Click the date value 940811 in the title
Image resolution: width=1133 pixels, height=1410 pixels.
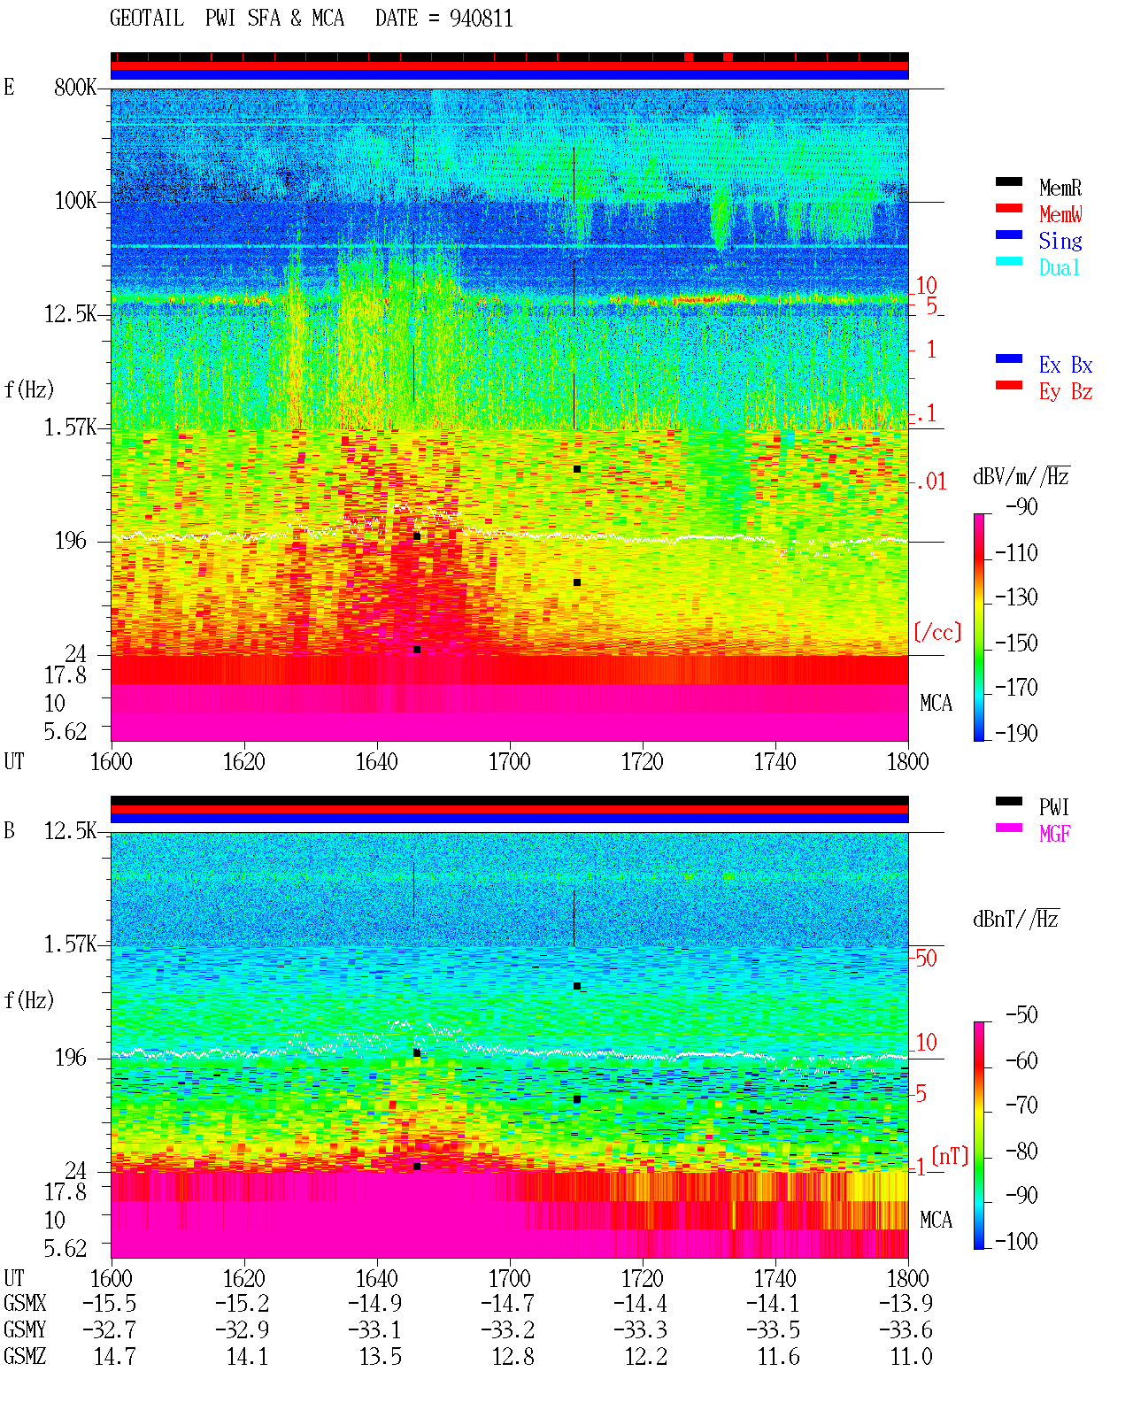pyautogui.click(x=481, y=19)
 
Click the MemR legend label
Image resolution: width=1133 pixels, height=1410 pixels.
pyautogui.click(x=1060, y=188)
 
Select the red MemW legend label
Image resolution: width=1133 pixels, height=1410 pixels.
pyautogui.click(x=1060, y=214)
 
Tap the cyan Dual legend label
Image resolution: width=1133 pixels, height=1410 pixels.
pyautogui.click(x=1059, y=267)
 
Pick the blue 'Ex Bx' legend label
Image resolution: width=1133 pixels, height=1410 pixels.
pyautogui.click(x=1066, y=365)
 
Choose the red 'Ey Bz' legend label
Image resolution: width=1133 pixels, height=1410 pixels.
pyautogui.click(x=1066, y=392)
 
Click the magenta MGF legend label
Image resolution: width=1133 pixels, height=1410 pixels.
pyautogui.click(x=1054, y=834)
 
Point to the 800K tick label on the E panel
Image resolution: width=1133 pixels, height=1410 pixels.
pyautogui.click(x=74, y=87)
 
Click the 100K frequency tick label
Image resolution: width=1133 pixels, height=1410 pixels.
pyautogui.click(x=74, y=201)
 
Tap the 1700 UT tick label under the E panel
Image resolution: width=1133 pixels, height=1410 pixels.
pyautogui.click(x=509, y=762)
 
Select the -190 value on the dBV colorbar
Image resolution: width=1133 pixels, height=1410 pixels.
pyautogui.click(x=1016, y=733)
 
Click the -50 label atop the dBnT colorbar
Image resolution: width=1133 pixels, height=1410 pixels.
pyautogui.click(x=1021, y=1015)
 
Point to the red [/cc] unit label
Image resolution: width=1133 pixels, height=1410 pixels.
pyautogui.click(x=937, y=632)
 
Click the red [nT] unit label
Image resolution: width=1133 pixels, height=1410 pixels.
pyautogui.click(x=950, y=1157)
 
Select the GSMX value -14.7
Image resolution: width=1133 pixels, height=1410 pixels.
pyautogui.click(x=508, y=1303)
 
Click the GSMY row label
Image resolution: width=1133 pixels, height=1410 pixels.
pyautogui.click(x=25, y=1329)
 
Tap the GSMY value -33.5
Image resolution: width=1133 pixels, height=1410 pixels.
pyautogui.click(x=774, y=1330)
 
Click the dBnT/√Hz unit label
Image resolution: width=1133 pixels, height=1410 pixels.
pyautogui.click(x=1015, y=919)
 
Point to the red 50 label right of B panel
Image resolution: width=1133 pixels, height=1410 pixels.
pyautogui.click(x=926, y=959)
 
